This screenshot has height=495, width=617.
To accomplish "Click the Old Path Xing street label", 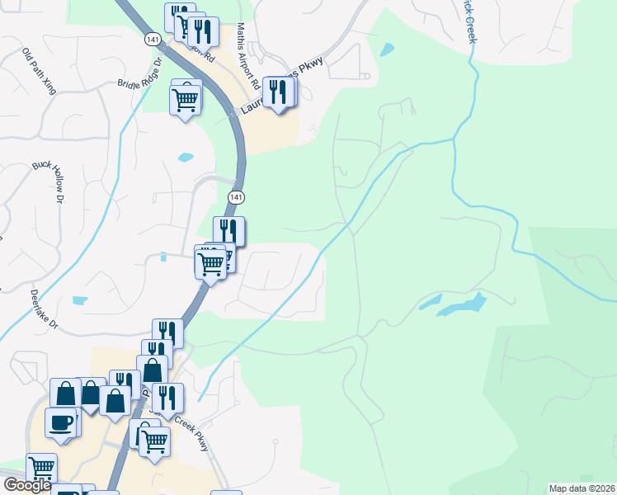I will click(x=39, y=71).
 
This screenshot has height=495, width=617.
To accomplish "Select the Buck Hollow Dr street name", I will click(x=49, y=181).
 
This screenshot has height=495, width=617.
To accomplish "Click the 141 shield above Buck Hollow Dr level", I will click(x=237, y=196).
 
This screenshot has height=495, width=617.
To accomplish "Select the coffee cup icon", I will click(x=61, y=423).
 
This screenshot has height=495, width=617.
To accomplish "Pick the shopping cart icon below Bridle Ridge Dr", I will click(x=186, y=101).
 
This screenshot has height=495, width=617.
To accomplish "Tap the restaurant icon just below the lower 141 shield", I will click(x=228, y=231).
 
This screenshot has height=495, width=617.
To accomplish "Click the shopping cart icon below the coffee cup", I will click(x=41, y=469).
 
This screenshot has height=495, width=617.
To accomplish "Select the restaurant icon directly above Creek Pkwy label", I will click(x=167, y=398).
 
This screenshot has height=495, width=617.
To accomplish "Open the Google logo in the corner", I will click(x=28, y=485).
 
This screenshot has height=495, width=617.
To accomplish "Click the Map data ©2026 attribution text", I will click(x=582, y=488).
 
